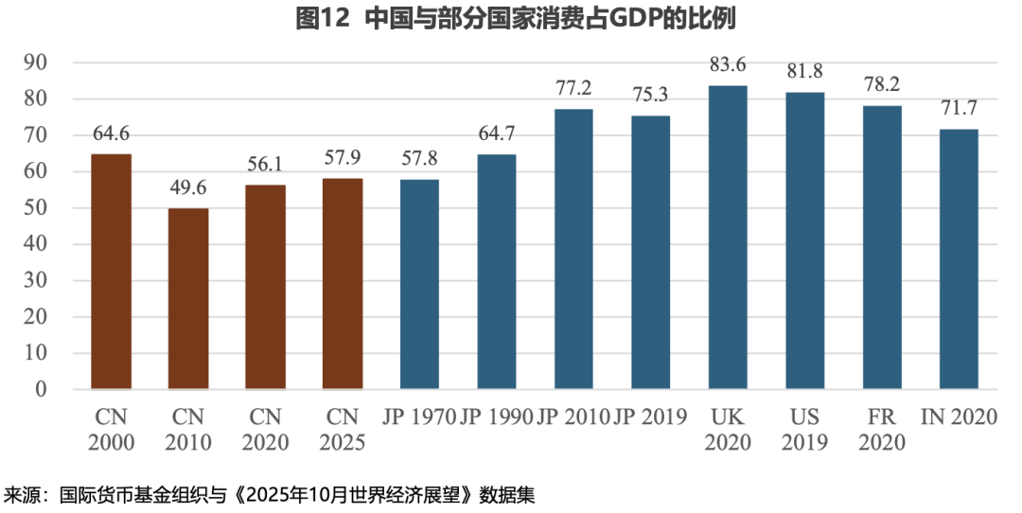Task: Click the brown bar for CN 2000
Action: coord(111,271)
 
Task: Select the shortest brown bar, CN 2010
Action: coord(188,298)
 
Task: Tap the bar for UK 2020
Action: coord(728,237)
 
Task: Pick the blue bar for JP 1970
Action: coord(419,284)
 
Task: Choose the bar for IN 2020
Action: coord(959,258)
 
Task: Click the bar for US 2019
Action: coord(805,240)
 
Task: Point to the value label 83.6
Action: coord(728,65)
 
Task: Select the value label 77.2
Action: coord(573,89)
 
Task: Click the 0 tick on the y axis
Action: coord(41,389)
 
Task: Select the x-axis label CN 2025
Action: coord(343,429)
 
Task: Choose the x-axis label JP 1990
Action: coord(496,416)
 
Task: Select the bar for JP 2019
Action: coord(651,252)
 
